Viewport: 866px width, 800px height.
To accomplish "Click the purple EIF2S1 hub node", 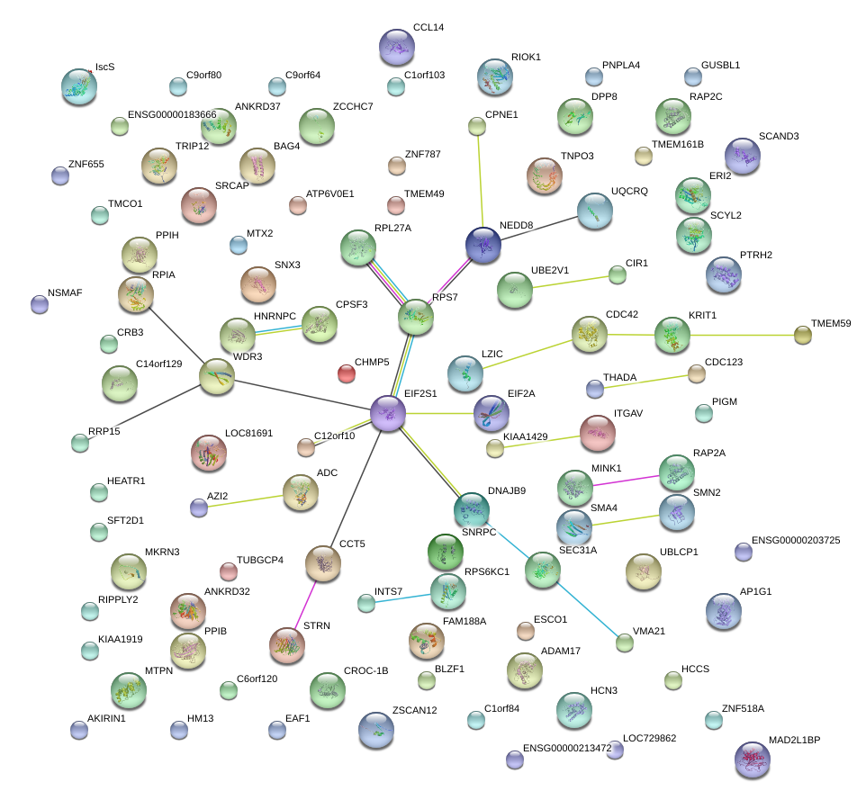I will [x=388, y=414].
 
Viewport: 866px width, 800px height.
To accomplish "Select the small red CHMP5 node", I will [x=346, y=373].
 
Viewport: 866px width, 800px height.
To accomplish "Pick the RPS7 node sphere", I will [x=416, y=318].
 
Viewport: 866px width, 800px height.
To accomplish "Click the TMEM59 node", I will [x=802, y=336].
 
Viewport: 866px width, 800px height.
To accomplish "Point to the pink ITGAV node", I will [x=598, y=433].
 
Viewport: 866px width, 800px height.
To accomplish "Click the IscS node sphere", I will [x=79, y=86].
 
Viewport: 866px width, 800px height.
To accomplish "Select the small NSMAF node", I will [x=40, y=304].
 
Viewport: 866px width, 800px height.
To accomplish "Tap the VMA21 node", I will [x=624, y=643].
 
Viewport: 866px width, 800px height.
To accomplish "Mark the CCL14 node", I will [x=397, y=47].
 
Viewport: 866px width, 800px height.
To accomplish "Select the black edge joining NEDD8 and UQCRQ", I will [x=538, y=227].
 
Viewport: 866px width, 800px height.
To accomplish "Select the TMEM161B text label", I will [x=670, y=144].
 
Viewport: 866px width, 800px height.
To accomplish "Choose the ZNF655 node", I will [x=60, y=175].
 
